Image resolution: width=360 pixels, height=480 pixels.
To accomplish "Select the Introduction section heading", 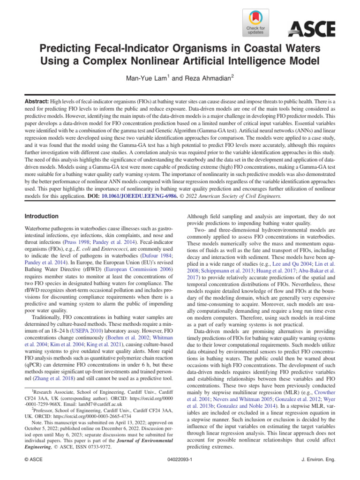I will click(41, 217).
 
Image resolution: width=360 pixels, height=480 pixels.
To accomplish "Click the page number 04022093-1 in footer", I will click(180, 460).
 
